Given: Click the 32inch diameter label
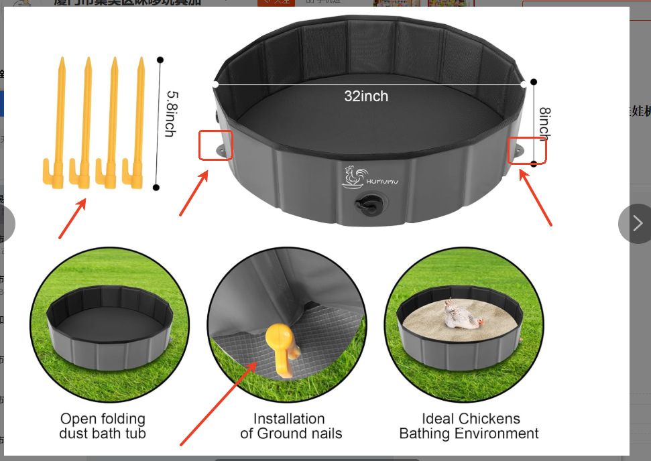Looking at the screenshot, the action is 366,96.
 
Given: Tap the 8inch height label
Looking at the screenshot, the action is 544,123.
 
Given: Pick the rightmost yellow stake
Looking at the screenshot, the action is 138,121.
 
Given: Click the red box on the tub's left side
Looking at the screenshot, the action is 216,145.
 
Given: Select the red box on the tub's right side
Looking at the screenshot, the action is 527,149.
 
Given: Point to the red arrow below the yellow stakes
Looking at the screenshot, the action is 72,218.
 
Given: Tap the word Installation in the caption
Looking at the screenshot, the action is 288,419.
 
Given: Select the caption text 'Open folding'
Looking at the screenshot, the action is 102,419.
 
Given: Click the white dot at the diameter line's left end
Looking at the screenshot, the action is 215,84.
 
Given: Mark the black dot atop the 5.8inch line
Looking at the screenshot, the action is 160,60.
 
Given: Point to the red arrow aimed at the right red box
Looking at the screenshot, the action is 536,198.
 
